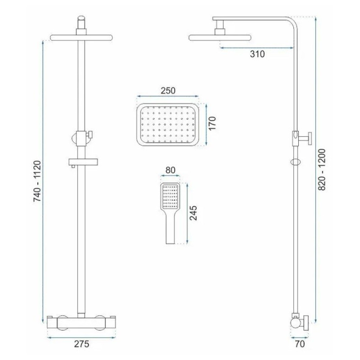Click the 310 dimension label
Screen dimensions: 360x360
pyautogui.click(x=257, y=54)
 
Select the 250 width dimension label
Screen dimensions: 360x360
pyautogui.click(x=168, y=91)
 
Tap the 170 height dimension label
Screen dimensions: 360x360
pyautogui.click(x=212, y=123)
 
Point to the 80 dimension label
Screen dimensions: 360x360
pyautogui.click(x=171, y=170)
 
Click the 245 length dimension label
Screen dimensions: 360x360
pyautogui.click(x=193, y=213)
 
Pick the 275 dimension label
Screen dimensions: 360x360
pyautogui.click(x=81, y=344)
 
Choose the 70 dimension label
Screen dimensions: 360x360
pyautogui.click(x=300, y=344)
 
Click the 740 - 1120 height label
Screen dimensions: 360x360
pyautogui.click(x=37, y=181)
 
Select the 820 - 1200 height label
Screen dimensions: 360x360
pyautogui.click(x=322, y=170)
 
